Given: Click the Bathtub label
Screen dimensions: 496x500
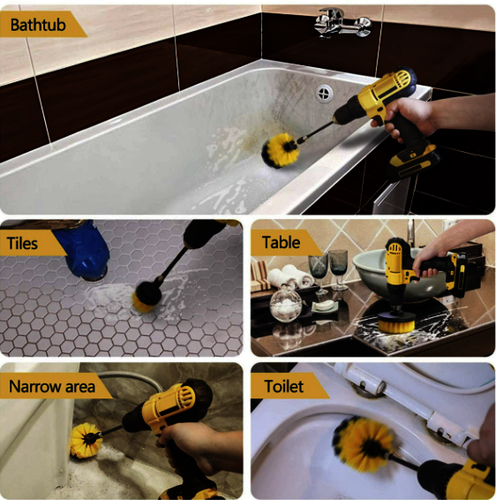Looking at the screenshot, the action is point(38,25).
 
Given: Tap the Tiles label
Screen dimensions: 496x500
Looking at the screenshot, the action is point(22,243).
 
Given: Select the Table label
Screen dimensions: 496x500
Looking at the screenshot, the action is point(281,242).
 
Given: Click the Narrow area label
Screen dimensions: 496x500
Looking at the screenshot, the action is point(52,386).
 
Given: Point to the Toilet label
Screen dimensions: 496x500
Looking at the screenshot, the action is point(284,386).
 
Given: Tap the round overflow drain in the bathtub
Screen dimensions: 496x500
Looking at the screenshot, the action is point(324,93).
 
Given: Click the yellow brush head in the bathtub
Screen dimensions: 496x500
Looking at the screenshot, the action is point(280,150).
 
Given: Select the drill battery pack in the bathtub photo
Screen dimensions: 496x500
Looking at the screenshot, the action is point(412,162).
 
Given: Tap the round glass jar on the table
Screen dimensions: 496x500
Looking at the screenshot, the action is point(285,304).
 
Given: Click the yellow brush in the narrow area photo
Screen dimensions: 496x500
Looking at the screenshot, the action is point(85,440).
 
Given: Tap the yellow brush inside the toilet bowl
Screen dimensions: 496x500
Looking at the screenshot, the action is point(363,444).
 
